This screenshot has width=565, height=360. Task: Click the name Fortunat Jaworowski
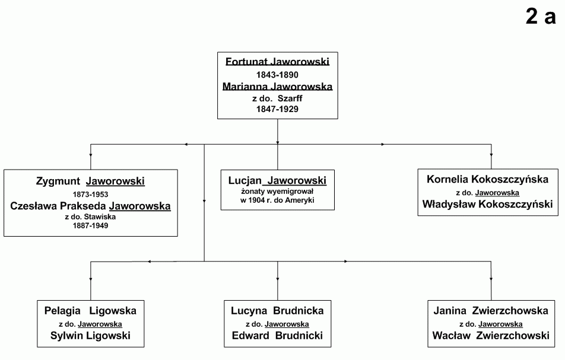tap(278, 62)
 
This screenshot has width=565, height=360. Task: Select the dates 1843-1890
tap(277, 75)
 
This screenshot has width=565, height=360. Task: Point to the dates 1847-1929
tap(277, 109)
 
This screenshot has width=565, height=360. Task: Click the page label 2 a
tap(541, 17)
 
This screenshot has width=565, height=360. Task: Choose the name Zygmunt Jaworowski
tap(90, 181)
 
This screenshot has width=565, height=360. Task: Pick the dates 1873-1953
tap(90, 195)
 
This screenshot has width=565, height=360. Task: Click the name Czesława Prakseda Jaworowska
tap(90, 206)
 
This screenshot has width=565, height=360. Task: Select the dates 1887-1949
tap(90, 226)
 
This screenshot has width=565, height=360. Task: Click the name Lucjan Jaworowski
tap(278, 180)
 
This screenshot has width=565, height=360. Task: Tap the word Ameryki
tap(300, 200)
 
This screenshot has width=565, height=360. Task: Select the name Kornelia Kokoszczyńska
tap(487, 179)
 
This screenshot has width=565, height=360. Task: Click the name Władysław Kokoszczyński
tap(487, 204)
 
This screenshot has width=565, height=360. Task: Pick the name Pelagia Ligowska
tap(90, 311)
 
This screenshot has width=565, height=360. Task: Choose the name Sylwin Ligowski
tap(90, 336)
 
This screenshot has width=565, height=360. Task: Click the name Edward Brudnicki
tap(278, 336)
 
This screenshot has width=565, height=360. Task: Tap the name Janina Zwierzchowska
tap(491, 311)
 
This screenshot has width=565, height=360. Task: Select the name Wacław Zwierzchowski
tap(491, 336)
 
